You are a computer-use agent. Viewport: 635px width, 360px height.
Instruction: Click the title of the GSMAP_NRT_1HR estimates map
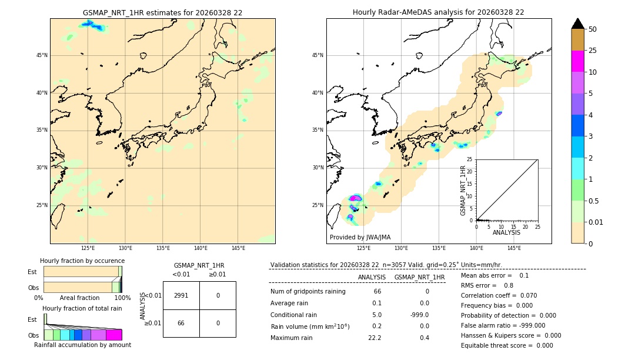click(x=162, y=12)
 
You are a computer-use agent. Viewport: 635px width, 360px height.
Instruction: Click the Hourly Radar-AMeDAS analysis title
click(x=438, y=12)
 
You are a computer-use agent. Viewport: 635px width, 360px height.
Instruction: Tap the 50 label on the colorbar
click(x=593, y=29)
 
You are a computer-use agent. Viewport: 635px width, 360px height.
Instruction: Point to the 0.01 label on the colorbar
click(x=596, y=222)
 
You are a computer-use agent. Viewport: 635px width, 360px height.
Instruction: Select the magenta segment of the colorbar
click(x=577, y=61)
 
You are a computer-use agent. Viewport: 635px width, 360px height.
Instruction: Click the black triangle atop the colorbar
click(x=577, y=24)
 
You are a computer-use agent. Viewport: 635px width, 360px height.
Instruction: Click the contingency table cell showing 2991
click(x=181, y=296)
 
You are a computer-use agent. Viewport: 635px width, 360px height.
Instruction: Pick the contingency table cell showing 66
click(x=181, y=323)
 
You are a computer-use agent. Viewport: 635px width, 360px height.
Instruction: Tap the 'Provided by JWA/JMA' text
click(x=360, y=237)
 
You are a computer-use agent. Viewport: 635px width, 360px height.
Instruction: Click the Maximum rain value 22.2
click(x=375, y=338)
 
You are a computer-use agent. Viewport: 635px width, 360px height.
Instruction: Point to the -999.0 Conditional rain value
click(x=419, y=315)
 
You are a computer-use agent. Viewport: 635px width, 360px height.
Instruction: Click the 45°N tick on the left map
click(x=42, y=55)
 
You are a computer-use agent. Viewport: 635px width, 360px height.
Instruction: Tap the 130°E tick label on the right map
click(x=401, y=248)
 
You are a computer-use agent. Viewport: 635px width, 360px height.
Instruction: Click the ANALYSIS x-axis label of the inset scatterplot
click(x=506, y=232)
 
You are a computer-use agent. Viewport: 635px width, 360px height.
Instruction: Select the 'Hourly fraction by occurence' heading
click(x=82, y=261)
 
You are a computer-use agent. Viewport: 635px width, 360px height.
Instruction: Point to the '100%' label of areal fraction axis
click(x=122, y=298)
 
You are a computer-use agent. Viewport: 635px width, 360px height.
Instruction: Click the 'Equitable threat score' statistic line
click(x=507, y=345)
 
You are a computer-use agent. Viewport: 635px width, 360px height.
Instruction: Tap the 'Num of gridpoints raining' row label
click(x=308, y=291)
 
